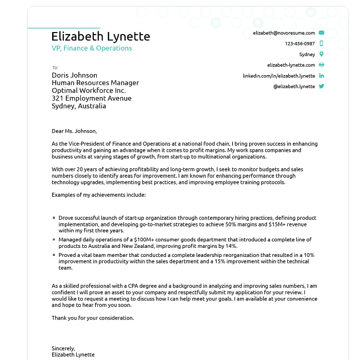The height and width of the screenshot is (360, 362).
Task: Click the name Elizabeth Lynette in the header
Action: tap(100, 37)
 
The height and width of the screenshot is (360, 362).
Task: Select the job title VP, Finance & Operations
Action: tap(92, 49)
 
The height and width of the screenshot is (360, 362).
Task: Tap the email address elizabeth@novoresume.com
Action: tap(284, 33)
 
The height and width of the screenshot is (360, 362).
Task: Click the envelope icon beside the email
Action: tap(321, 33)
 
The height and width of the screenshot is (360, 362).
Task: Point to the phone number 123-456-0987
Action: tap(300, 44)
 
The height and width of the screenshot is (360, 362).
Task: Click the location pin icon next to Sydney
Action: tap(321, 54)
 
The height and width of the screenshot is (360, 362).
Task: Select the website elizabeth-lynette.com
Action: tap(291, 65)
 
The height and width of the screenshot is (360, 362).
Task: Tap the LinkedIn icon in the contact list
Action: tap(321, 76)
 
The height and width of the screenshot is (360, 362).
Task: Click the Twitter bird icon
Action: tap(321, 86)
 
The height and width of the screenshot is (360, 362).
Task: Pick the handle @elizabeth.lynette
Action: tap(294, 87)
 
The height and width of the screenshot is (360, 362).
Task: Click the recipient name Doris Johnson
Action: tap(75, 76)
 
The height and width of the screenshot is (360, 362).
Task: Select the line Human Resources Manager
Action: tap(95, 83)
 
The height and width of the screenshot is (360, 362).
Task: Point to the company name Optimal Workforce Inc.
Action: tap(89, 91)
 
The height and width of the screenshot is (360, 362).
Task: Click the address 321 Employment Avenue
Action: tap(91, 98)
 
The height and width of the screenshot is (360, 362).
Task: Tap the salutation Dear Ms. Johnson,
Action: tap(74, 131)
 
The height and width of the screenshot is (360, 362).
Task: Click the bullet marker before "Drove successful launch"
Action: tap(54, 218)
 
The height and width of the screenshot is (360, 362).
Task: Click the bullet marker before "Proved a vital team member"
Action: tap(54, 255)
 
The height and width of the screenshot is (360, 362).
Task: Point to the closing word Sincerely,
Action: tap(63, 348)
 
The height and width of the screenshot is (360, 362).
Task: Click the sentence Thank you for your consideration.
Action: tap(93, 318)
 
